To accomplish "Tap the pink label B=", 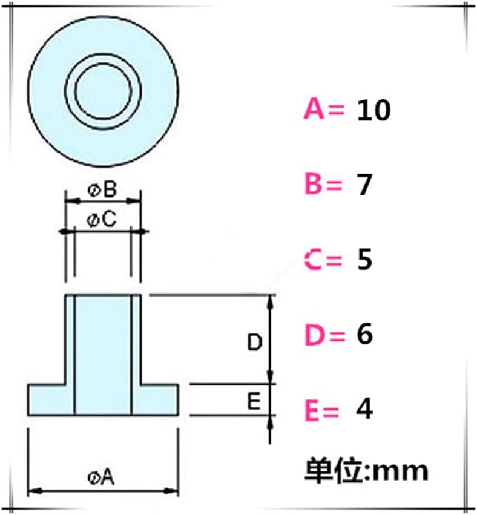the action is (x=323, y=185).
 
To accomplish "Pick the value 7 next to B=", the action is (x=364, y=185).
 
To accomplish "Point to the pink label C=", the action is (x=323, y=260).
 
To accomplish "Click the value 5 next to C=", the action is (x=364, y=260).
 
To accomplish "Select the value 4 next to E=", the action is (x=365, y=411).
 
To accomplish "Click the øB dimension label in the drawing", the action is (x=102, y=191).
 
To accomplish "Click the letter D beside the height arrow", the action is (x=254, y=343).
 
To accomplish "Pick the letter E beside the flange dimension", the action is (x=254, y=400).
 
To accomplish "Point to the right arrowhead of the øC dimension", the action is (x=143, y=231).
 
